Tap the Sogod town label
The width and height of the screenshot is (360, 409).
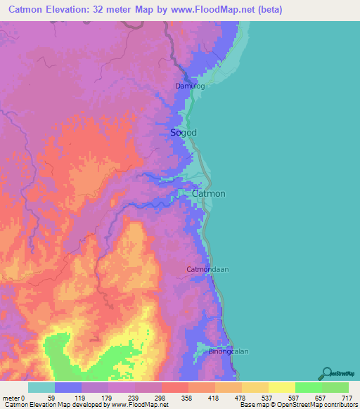tap(184, 132)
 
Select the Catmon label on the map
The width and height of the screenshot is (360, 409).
tap(210, 193)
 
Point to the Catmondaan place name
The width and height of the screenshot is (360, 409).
tap(208, 269)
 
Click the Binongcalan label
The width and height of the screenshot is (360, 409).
tap(229, 351)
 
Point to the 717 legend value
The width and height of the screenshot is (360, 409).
tap(347, 398)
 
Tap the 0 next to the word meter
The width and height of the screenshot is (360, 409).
tap(22, 398)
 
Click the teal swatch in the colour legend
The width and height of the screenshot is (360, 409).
tap(41, 387)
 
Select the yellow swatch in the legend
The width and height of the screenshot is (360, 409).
tap(282, 387)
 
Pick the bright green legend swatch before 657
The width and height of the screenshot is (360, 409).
tap(309, 387)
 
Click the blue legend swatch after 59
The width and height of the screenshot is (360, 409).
tap(68, 387)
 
